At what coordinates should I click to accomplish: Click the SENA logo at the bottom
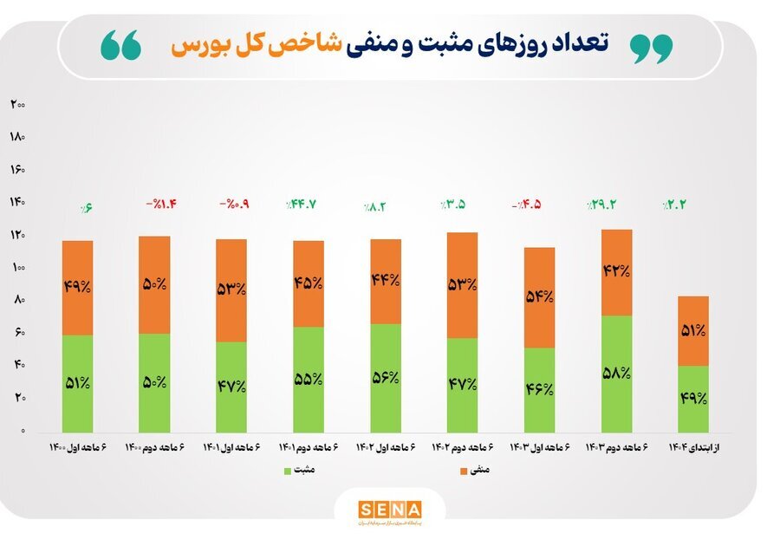389,509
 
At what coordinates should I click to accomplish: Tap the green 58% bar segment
615,374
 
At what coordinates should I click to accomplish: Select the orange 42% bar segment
615,272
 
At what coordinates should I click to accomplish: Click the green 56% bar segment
385,378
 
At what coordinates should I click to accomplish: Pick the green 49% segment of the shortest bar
692,399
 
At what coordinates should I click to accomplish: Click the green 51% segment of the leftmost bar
77,383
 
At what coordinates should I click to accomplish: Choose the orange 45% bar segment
308,283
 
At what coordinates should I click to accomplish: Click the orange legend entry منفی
474,471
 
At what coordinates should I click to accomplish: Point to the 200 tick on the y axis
17,104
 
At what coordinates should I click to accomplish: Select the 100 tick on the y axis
17,268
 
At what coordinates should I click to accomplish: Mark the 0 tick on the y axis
22,431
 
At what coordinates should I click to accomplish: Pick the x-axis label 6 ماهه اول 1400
78,447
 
